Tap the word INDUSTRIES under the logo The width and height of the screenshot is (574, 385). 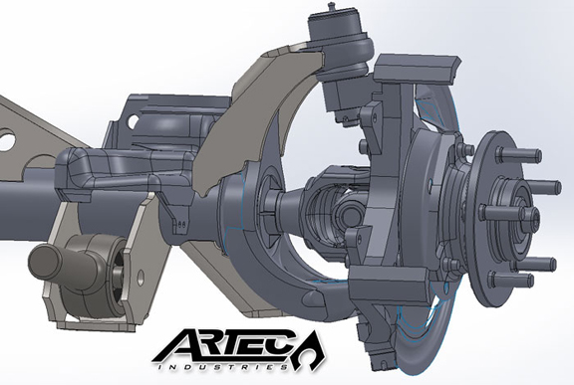pos(222,366)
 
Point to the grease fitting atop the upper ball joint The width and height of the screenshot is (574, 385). pos(331,7)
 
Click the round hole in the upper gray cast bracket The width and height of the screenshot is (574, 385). pos(135,120)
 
